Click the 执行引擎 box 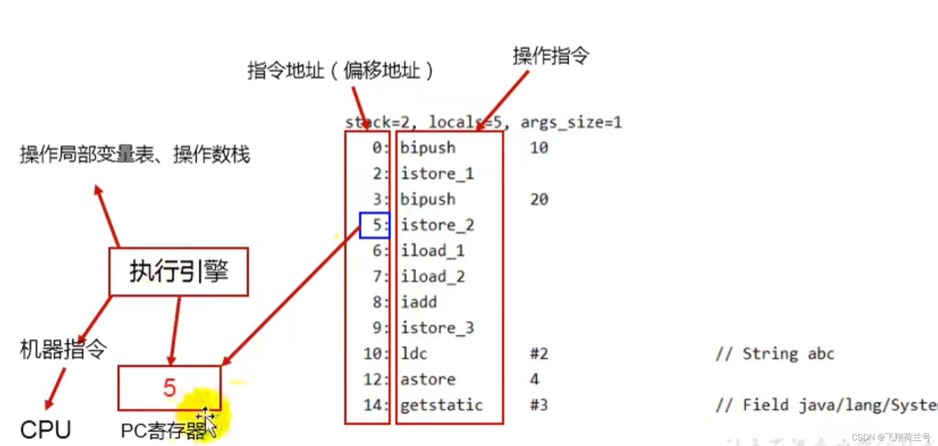click(178, 271)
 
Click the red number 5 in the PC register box click(169, 387)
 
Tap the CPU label click(45, 430)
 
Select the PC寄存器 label click(163, 431)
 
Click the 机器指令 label click(63, 350)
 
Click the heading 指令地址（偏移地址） click(340, 71)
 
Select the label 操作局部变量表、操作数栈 click(135, 155)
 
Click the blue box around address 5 click(374, 225)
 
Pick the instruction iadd click(418, 302)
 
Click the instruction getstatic click(441, 405)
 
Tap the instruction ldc click(414, 354)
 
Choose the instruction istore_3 click(437, 328)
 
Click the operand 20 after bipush click(539, 199)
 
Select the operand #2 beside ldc click(539, 354)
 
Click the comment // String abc click(775, 354)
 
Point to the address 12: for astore click(375, 380)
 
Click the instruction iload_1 click(432, 251)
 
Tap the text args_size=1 click(571, 122)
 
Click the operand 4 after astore click(534, 380)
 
